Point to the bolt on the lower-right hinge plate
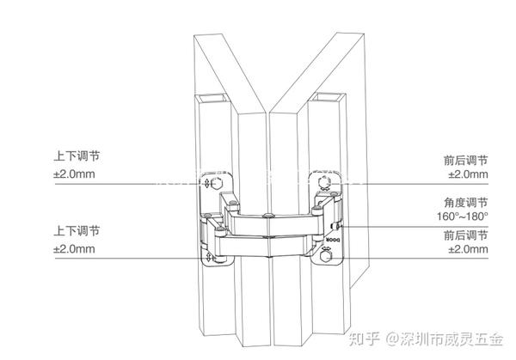328,255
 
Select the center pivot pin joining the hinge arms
269,214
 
